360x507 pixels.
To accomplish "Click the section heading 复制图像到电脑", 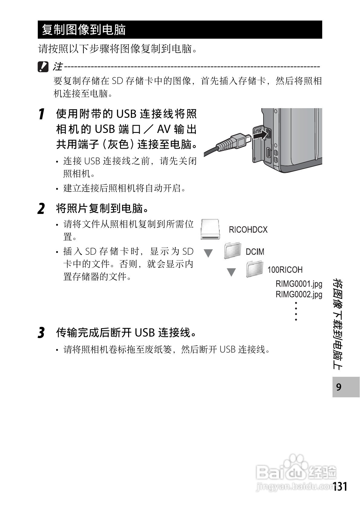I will click(84, 30).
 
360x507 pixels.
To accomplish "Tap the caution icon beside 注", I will click(43, 67).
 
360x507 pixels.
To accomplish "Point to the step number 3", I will click(41, 333).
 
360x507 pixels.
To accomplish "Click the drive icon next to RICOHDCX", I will click(210, 230).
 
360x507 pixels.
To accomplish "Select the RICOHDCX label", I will click(248, 230).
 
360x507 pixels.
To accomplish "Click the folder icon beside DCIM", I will click(233, 251).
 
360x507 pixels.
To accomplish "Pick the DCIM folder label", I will click(255, 252).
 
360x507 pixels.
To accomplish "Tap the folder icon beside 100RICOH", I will click(255, 269).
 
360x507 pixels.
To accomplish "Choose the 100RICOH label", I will click(285, 270).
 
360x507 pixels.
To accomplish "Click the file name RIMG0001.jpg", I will click(299, 284).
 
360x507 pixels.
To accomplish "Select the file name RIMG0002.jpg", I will click(299, 294).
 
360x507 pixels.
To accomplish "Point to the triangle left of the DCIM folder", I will click(208, 253).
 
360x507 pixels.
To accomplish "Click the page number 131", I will click(340, 487).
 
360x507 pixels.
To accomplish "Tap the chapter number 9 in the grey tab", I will click(339, 387).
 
